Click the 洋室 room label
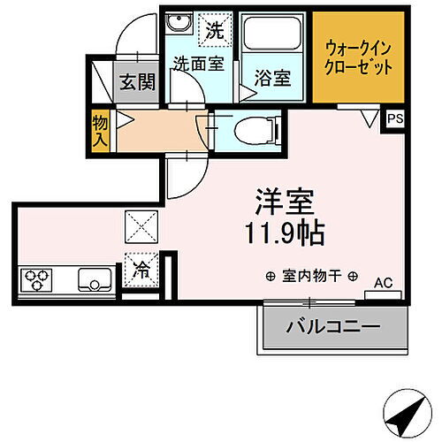285,201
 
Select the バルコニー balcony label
332,327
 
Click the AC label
382,283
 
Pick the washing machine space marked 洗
215,28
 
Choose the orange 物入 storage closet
99,129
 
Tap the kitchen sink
94,281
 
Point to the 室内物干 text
313,276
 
